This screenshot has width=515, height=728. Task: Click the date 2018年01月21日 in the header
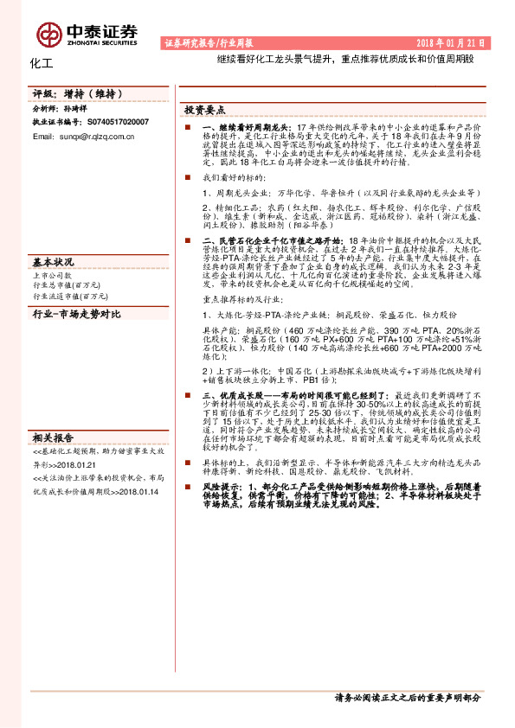point(454,42)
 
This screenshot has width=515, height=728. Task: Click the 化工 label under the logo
point(42,63)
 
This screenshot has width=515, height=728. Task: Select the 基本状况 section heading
point(53,261)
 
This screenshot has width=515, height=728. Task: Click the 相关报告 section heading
point(53,437)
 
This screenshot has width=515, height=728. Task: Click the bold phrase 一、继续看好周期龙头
point(236,127)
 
